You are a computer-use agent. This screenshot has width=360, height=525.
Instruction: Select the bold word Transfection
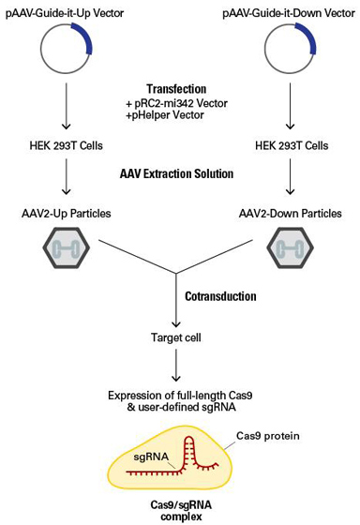[x=177, y=87]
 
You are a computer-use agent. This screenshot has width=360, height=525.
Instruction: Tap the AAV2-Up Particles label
[x=66, y=214]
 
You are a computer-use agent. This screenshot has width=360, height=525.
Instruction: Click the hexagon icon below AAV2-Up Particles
[x=66, y=249]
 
